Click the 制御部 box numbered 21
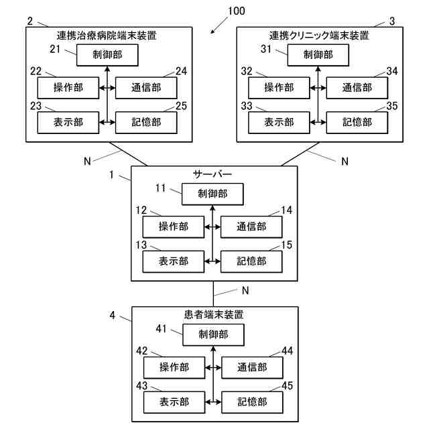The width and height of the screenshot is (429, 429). tap(107, 55)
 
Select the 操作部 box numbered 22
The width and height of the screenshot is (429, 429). tap(67, 88)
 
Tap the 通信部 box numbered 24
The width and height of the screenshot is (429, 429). tap(146, 88)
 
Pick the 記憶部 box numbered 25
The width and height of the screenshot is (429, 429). tap(146, 122)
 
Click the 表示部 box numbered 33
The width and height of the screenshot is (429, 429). tap(279, 122)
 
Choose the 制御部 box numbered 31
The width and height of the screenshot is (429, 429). tap(318, 55)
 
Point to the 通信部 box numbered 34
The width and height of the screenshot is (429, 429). tap(357, 88)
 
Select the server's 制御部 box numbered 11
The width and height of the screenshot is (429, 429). tap(212, 194)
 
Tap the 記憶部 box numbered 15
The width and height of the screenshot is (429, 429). tap(251, 260)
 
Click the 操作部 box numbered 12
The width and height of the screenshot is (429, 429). tap(173, 227)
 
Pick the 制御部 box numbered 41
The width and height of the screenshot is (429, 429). tap(213, 334)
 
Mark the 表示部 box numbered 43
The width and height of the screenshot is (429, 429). tap(174, 402)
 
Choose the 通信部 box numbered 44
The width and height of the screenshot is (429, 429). tap(252, 367)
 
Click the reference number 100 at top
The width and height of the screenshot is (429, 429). tap(236, 11)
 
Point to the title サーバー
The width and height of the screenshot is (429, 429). tap(212, 174)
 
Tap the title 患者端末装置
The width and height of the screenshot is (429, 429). tap(213, 314)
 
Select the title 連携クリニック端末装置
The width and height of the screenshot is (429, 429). tap(319, 35)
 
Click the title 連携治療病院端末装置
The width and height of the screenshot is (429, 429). tap(108, 35)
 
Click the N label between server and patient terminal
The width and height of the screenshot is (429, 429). tap(245, 291)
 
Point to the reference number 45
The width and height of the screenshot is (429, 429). tap(286, 385)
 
